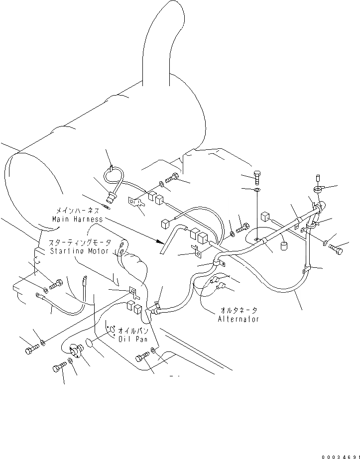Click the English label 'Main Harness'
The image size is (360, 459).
(x=77, y=219)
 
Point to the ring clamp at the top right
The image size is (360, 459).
(x=318, y=189)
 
